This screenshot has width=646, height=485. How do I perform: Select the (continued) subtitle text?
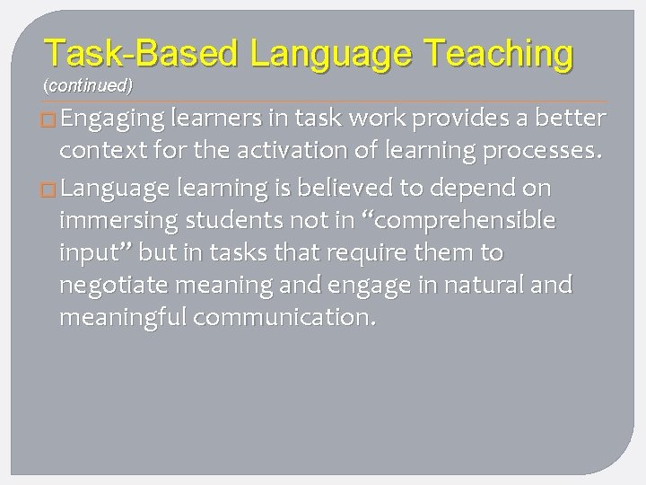(88, 86)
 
